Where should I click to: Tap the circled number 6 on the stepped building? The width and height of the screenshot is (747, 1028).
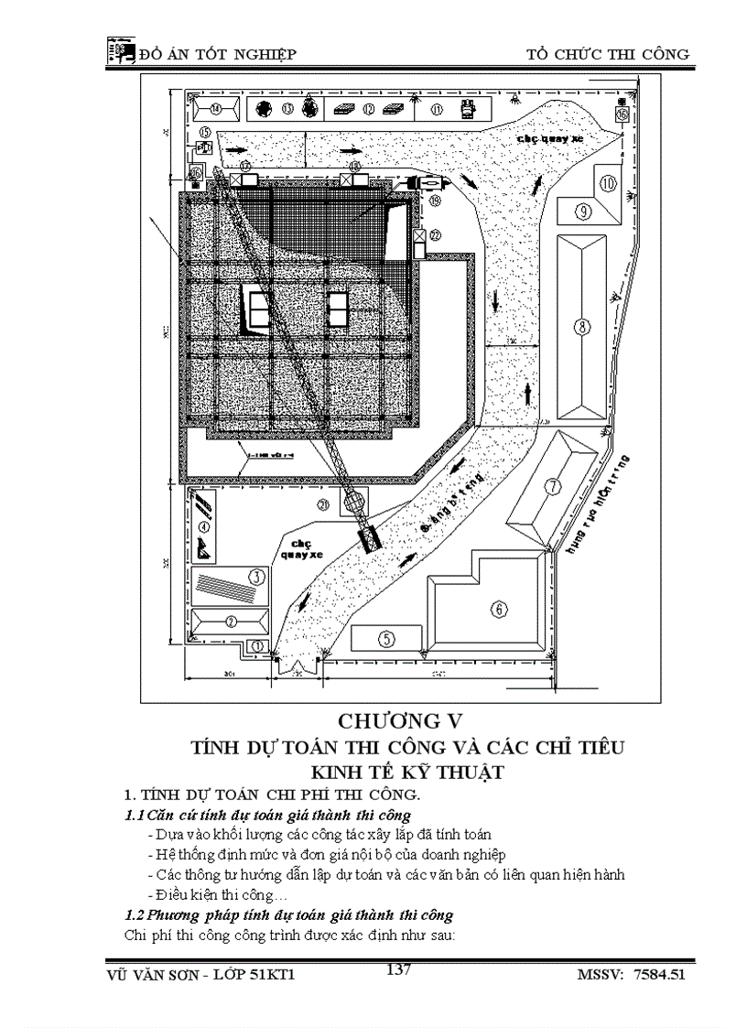[499, 608]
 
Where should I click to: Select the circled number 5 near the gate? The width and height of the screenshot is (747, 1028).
[386, 637]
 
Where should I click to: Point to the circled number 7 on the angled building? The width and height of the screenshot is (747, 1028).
[553, 486]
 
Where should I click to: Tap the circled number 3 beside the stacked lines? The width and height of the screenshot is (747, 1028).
[257, 576]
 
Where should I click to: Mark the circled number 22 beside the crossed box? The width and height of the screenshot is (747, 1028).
[435, 235]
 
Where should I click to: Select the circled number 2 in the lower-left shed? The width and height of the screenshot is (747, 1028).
[232, 621]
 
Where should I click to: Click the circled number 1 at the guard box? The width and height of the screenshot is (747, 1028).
[258, 646]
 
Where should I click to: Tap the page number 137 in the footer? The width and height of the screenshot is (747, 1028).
[398, 969]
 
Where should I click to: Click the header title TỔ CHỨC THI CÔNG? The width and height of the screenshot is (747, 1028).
[608, 54]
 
